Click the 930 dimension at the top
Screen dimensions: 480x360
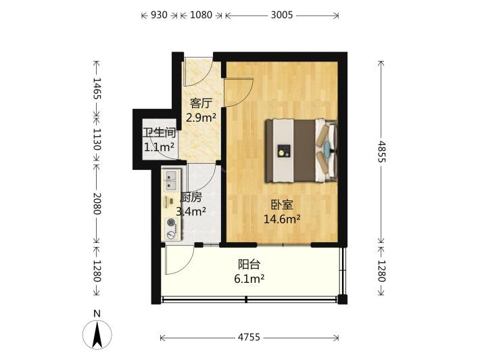pyautogui.click(x=159, y=15)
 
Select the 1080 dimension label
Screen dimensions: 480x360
pyautogui.click(x=201, y=15)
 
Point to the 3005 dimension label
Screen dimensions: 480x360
pyautogui.click(x=282, y=15)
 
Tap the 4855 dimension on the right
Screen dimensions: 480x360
pyautogui.click(x=381, y=152)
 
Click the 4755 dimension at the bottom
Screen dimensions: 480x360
pyautogui.click(x=249, y=337)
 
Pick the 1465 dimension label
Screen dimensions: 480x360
pyautogui.click(x=97, y=88)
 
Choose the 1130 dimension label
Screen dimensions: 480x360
pyautogui.click(x=97, y=139)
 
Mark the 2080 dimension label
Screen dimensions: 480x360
pyautogui.click(x=97, y=204)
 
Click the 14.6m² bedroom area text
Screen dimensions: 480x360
pyautogui.click(x=282, y=219)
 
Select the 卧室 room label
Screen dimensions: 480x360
pyautogui.click(x=282, y=204)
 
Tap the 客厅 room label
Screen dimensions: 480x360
pyautogui.click(x=201, y=104)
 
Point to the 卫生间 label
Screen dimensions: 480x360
pyautogui.click(x=160, y=133)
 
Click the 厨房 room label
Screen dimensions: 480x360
pyautogui.click(x=191, y=198)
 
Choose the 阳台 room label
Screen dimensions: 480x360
pyautogui.click(x=249, y=265)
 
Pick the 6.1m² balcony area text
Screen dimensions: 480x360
pyautogui.click(x=249, y=279)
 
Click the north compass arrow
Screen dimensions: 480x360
pyautogui.click(x=97, y=334)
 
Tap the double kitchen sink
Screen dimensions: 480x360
pyautogui.click(x=171, y=181)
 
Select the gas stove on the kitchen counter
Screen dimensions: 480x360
pyautogui.click(x=172, y=228)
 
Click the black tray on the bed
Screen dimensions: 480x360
pyautogui.click(x=284, y=151)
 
